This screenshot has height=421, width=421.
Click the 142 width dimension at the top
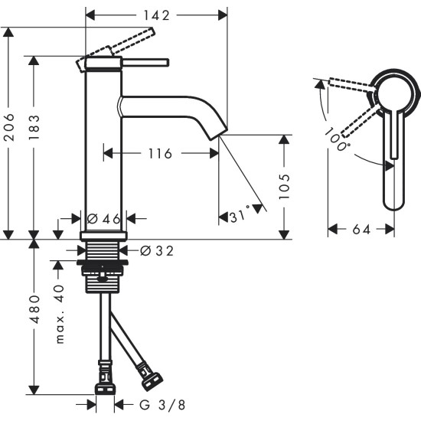pyautogui.click(x=155, y=14)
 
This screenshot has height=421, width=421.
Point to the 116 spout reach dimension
pyautogui.click(x=160, y=154)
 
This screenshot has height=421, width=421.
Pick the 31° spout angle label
pyautogui.click(x=240, y=217)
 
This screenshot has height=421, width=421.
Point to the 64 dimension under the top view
pyautogui.click(x=362, y=228)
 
